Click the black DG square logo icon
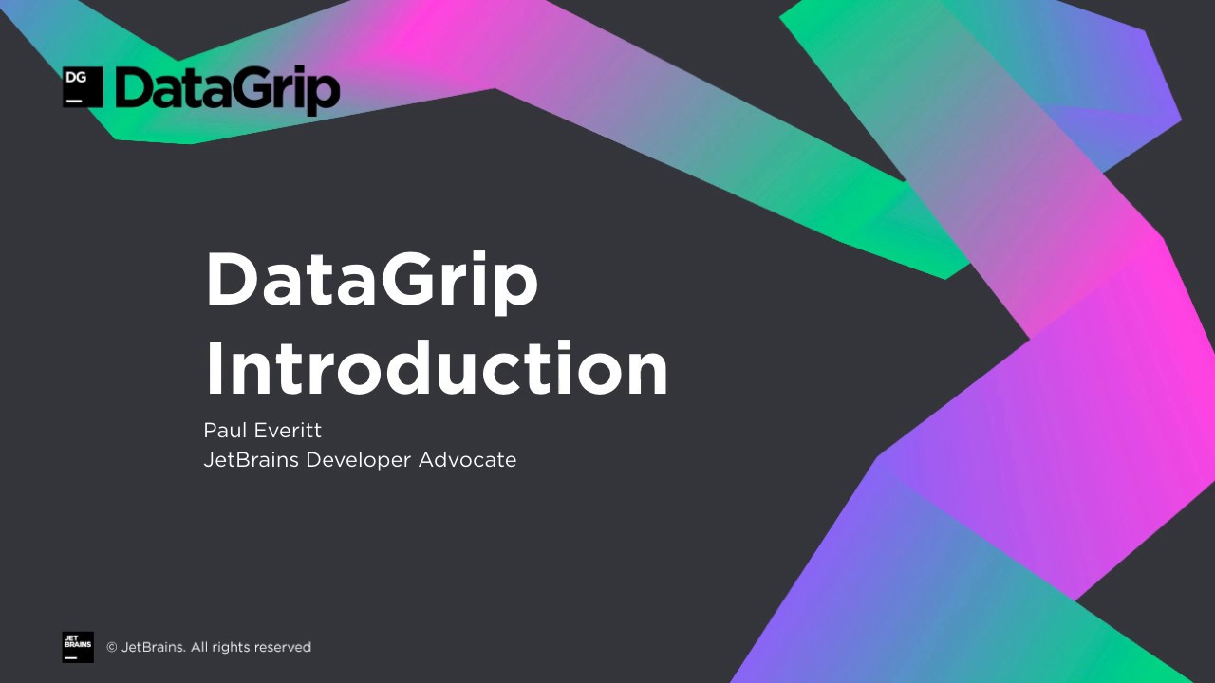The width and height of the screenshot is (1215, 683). [x=83, y=87]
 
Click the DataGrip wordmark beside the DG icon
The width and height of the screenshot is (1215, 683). [x=226, y=91]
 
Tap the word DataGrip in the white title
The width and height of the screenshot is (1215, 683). [x=371, y=282]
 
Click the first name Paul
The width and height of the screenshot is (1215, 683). [x=223, y=431]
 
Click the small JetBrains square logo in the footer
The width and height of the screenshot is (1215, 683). [x=78, y=647]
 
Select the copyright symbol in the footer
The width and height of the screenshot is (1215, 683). [x=111, y=648]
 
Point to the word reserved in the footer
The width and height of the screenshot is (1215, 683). [x=282, y=648]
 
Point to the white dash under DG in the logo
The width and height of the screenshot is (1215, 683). [x=73, y=99]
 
